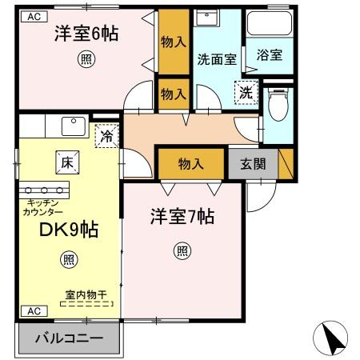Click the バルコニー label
(69, 338)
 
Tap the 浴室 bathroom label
(268, 56)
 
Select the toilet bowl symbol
(277, 104)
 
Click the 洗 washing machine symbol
(246, 93)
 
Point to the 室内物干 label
(86, 294)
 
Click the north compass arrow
(332, 338)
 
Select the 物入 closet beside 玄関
(190, 164)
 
